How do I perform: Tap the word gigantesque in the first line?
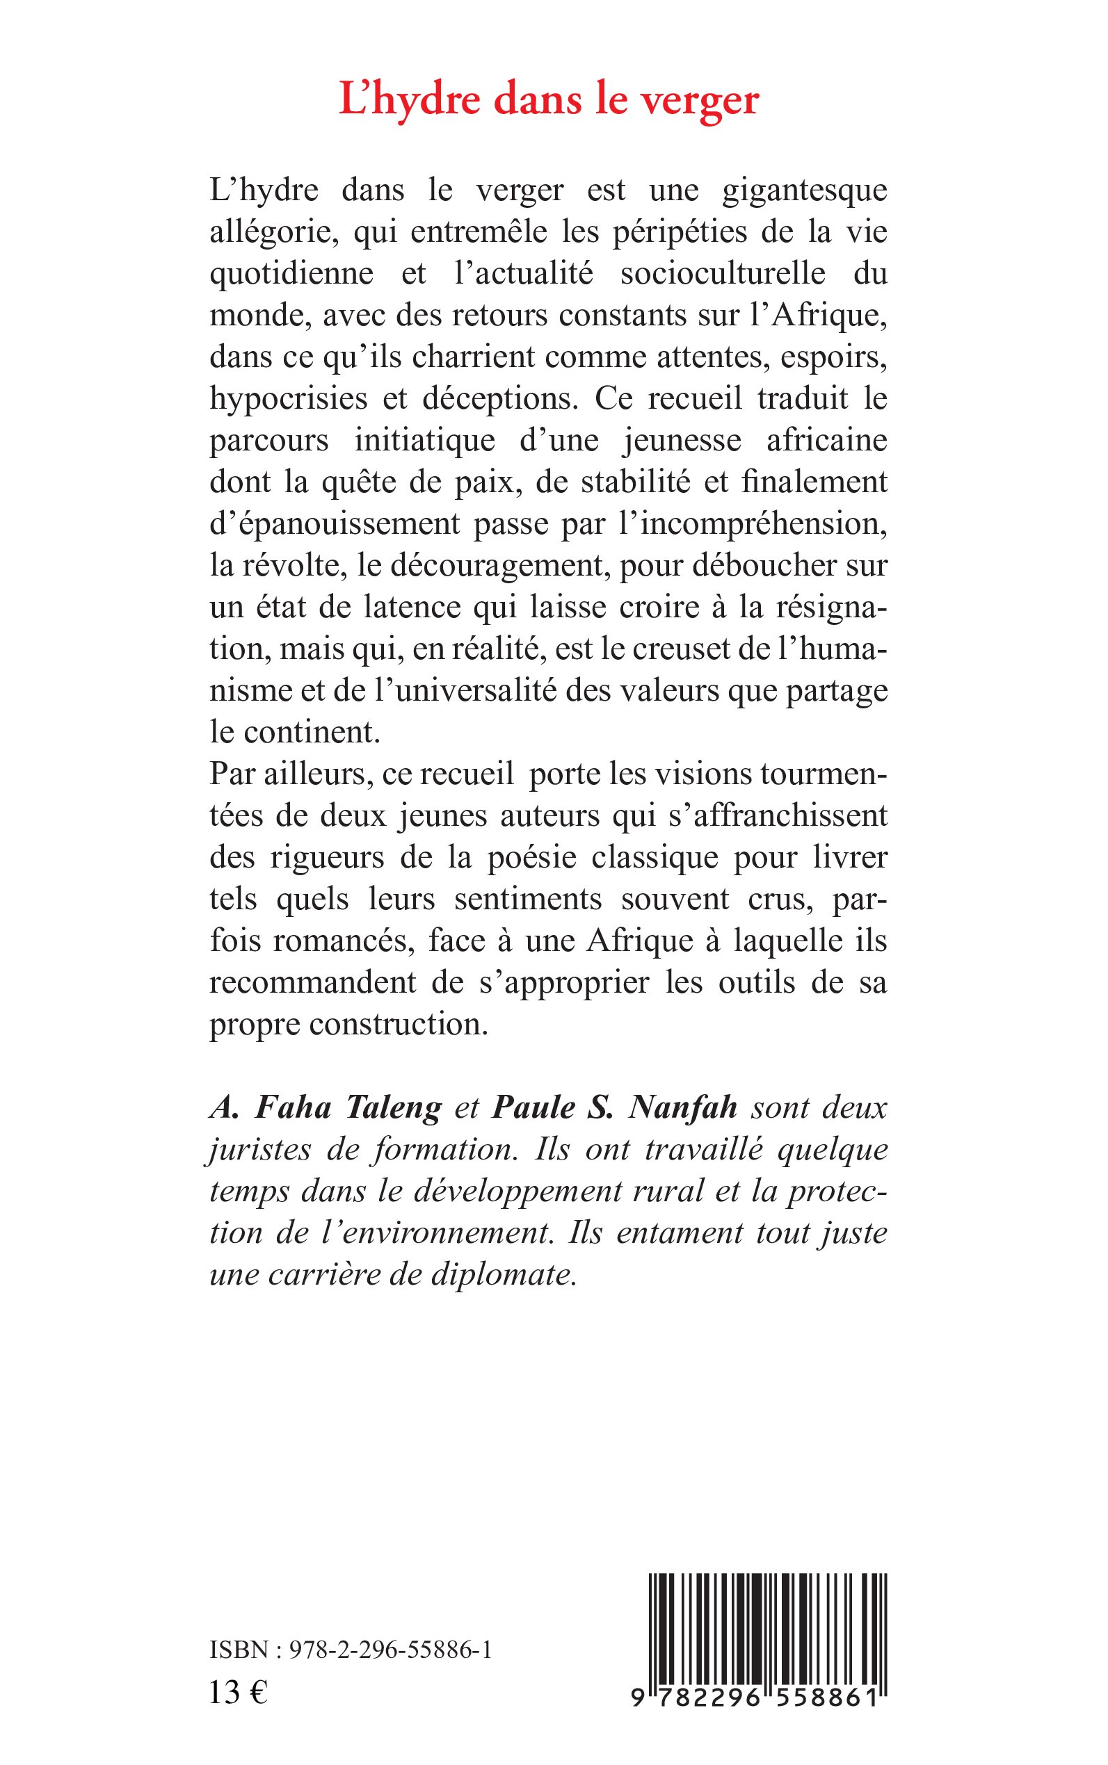point(805,192)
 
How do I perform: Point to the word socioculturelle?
point(723,274)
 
